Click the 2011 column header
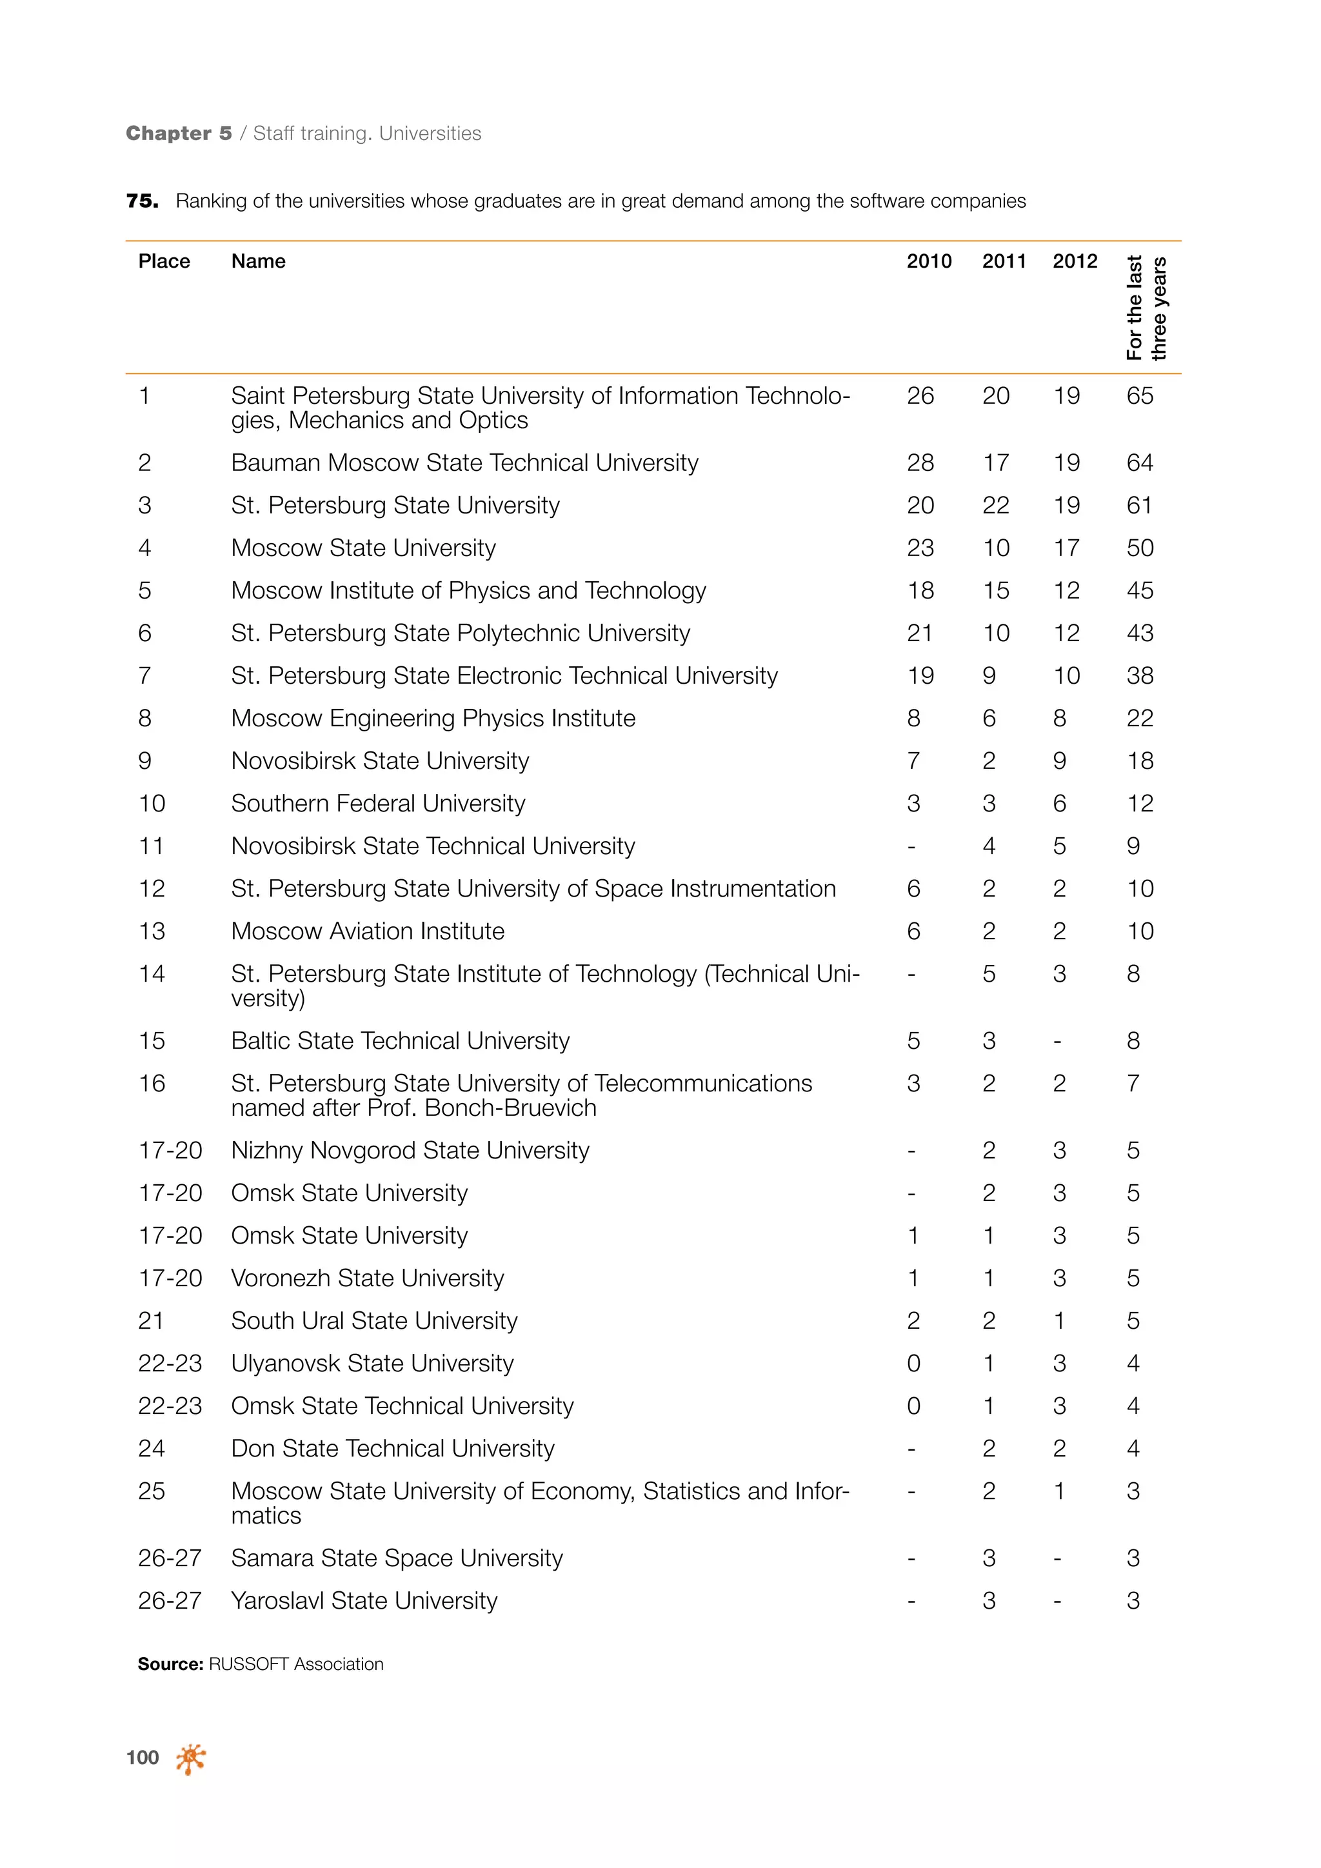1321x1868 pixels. [1004, 261]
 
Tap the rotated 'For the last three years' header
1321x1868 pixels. [1146, 308]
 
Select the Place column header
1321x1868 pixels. [164, 261]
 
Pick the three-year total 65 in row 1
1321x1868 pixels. [1140, 396]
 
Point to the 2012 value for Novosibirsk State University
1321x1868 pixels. [1059, 760]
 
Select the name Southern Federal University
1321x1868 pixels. [378, 804]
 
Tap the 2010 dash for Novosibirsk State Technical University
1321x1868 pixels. [912, 847]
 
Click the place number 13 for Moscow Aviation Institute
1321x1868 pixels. [152, 931]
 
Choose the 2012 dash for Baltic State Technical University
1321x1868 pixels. [1057, 1041]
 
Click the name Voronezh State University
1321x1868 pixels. [367, 1278]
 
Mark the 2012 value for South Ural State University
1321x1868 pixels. [1059, 1320]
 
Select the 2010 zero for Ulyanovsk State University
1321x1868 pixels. [913, 1364]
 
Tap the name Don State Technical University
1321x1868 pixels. [393, 1448]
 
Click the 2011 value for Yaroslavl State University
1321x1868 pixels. [988, 1600]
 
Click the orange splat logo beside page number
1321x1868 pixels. [190, 1758]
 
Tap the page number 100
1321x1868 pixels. [143, 1758]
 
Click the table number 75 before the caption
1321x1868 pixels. [141, 201]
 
